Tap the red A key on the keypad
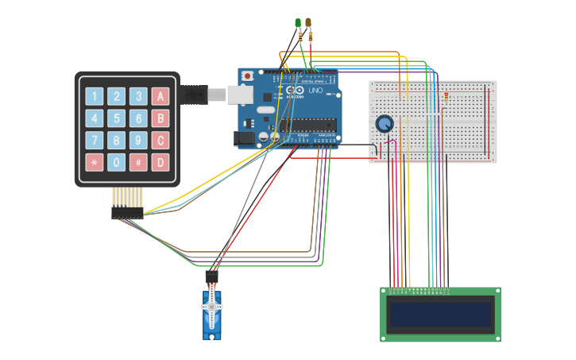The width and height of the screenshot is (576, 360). (x=161, y=97)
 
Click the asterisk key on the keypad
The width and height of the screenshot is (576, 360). (x=95, y=163)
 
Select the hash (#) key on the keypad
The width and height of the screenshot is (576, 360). (x=139, y=163)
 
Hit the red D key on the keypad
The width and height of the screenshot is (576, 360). (x=161, y=163)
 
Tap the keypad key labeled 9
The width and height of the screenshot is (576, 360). (x=139, y=141)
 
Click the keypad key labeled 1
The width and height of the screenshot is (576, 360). (x=95, y=97)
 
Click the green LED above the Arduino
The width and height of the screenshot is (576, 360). (x=298, y=23)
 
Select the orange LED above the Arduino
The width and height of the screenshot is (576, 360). (x=308, y=23)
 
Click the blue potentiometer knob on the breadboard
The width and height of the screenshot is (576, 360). (x=385, y=124)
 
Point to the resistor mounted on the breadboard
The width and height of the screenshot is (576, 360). (x=446, y=98)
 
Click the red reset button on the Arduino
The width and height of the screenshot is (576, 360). (x=247, y=76)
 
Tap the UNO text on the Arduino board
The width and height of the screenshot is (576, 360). (x=315, y=91)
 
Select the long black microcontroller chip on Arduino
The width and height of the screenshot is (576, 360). (x=311, y=124)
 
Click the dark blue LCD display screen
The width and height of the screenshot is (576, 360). (x=440, y=315)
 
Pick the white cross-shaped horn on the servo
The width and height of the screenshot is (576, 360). (x=211, y=306)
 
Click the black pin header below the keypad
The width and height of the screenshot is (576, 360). (x=127, y=213)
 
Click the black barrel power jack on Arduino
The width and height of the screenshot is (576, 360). (x=245, y=138)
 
